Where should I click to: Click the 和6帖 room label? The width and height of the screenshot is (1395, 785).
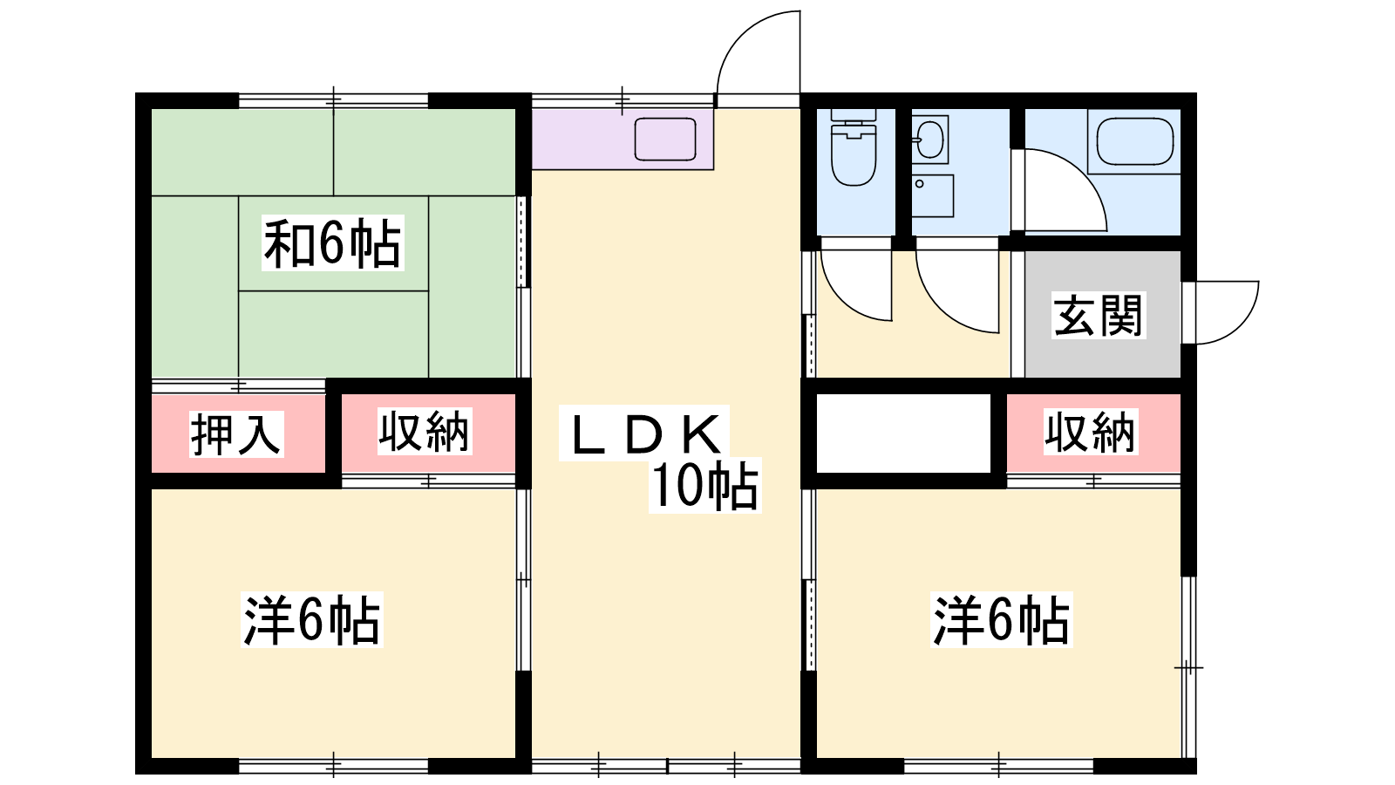click(332, 243)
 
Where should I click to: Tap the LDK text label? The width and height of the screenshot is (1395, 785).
click(644, 433)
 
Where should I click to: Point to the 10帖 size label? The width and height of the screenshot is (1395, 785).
click(705, 486)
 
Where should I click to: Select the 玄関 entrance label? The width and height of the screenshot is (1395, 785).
click(1099, 315)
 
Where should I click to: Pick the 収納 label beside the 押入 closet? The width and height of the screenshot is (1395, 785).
click(425, 431)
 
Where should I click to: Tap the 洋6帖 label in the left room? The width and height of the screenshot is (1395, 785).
click(312, 620)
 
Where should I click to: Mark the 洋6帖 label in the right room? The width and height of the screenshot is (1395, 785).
click(1002, 620)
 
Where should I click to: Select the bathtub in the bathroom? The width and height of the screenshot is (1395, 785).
click(1134, 142)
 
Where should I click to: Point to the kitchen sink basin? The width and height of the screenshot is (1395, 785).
click(665, 139)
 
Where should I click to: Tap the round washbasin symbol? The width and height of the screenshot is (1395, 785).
click(930, 139)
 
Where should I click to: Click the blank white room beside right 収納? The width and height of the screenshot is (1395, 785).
click(903, 433)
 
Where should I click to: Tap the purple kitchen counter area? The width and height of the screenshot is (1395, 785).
click(623, 139)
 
